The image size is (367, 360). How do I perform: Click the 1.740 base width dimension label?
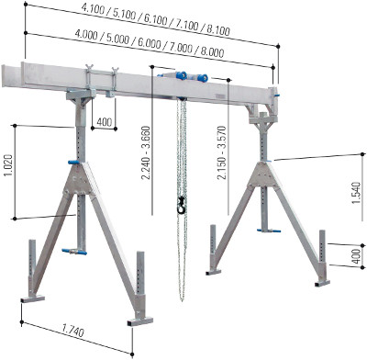[x=72, y=332]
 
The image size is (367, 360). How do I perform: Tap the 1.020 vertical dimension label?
[x=8, y=165]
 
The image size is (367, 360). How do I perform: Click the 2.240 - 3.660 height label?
[x=147, y=152]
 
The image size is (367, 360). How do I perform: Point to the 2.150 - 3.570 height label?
[x=221, y=152]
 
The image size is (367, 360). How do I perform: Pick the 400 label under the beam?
[x=105, y=122]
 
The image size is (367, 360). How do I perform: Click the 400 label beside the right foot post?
[x=356, y=256]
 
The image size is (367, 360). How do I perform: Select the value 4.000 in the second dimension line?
[x=86, y=35]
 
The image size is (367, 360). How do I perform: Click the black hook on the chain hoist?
[x=182, y=206]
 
